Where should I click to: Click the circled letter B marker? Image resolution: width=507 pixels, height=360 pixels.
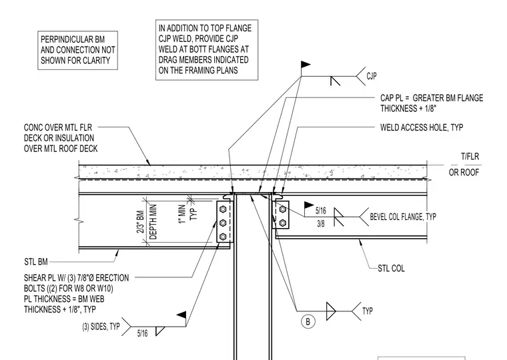308,321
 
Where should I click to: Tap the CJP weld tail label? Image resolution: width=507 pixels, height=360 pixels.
372,76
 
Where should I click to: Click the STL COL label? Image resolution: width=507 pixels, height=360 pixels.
391,268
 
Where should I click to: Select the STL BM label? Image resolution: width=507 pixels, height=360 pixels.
36,261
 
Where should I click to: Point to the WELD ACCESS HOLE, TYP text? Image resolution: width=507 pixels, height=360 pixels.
422,127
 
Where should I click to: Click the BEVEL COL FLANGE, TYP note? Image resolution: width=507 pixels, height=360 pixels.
403,216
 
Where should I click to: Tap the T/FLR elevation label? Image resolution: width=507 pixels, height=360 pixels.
470,157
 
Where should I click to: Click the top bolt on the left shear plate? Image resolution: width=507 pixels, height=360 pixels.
222,209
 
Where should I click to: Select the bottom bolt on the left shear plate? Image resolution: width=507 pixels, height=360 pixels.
222,237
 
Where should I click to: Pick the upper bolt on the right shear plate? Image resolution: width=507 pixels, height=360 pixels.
283,209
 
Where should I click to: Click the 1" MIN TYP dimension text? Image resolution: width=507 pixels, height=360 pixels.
187,213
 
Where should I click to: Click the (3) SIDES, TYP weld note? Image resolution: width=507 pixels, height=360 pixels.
101,327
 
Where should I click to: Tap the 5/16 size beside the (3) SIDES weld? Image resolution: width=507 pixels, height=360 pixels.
142,333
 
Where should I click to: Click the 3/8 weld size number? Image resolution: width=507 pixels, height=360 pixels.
320,223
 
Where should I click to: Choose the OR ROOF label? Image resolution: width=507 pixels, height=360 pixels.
464,173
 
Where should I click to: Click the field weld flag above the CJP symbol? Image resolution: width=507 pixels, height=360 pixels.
306,65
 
